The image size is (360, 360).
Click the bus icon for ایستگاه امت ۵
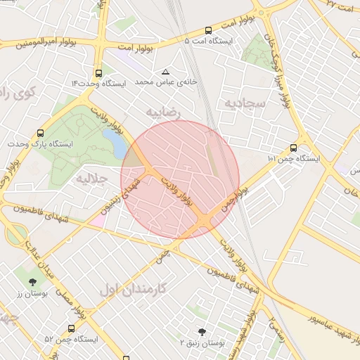coord(208,30)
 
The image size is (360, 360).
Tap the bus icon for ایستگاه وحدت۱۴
coord(98,72)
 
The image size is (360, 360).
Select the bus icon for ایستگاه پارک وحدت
coord(41,133)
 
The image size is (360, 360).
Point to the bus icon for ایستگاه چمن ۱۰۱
coord(293,148)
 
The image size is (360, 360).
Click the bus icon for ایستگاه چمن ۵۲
coord(71,328)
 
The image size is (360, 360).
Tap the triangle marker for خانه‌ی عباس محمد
coord(166,72)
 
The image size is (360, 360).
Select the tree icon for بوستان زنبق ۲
coord(202,331)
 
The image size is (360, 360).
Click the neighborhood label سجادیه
coord(243,103)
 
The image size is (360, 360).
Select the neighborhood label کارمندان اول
coord(132,288)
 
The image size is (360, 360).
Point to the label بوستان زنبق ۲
coord(202,343)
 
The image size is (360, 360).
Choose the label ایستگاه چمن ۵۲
coord(71,339)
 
